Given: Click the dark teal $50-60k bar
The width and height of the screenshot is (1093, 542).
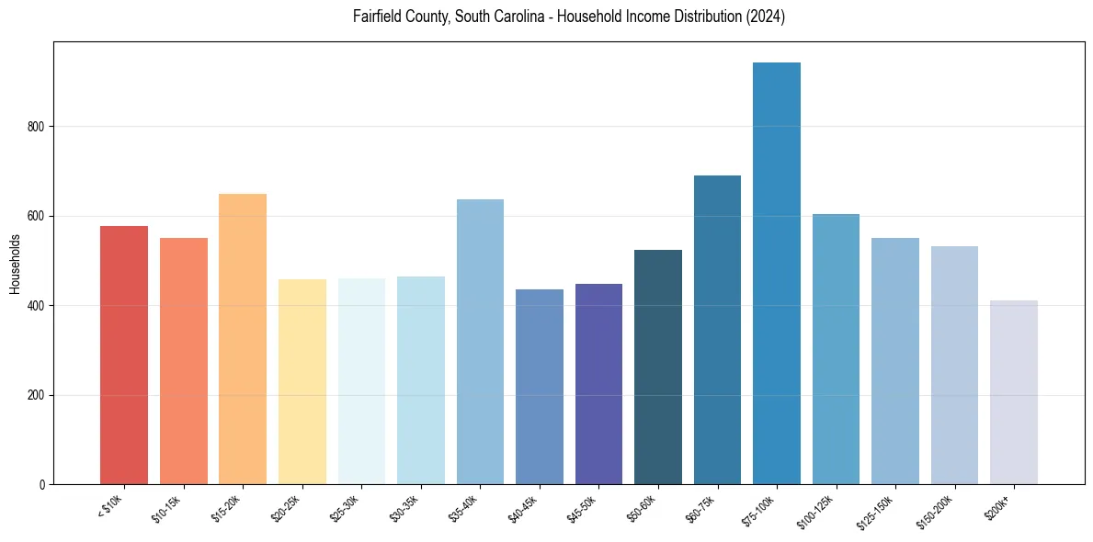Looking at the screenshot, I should click(657, 367).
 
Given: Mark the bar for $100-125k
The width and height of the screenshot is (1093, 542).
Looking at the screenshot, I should click(836, 349).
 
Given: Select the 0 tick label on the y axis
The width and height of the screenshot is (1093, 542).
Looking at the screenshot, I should click(43, 484).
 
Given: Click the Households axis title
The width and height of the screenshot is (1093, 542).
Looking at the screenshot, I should click(15, 263).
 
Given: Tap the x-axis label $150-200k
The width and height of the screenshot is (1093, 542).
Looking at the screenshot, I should click(934, 511).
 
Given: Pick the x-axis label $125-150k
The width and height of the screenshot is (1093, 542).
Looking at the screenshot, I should click(875, 511).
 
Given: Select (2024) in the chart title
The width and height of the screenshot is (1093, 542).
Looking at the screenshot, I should click(766, 17).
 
